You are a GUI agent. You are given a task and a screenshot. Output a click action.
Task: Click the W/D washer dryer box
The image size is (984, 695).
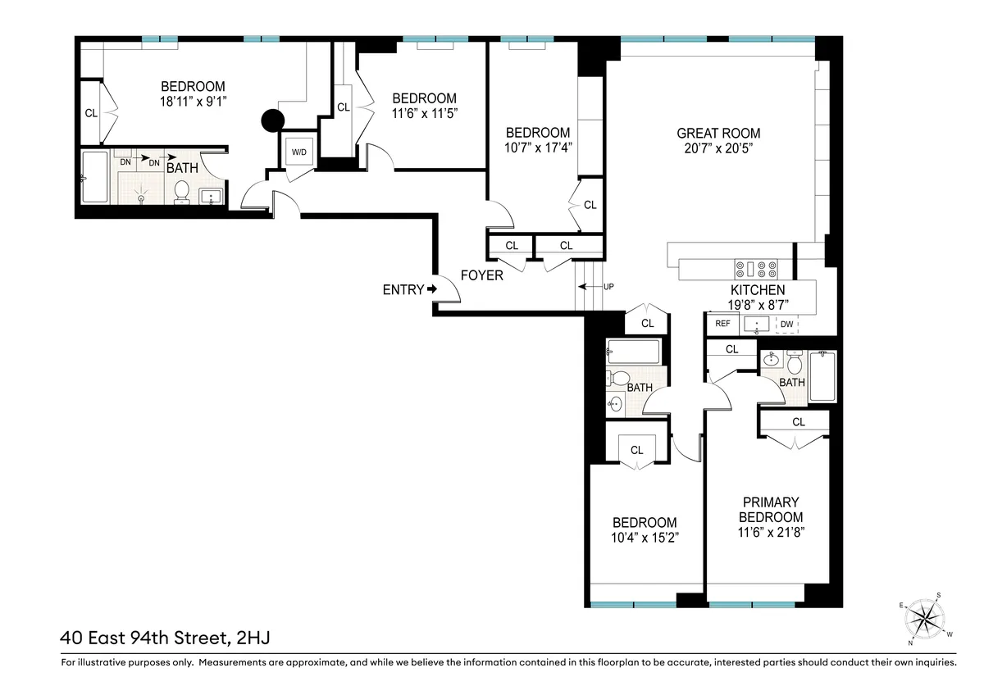pos(298,152)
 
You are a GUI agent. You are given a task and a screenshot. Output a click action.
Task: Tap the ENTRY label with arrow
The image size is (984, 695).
pos(409,289)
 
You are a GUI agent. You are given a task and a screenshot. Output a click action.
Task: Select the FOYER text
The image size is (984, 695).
pos(481,275)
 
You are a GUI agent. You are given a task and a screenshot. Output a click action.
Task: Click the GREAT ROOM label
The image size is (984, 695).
pos(718,134)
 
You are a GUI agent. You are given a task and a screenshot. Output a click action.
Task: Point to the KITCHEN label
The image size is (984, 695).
pos(758,290)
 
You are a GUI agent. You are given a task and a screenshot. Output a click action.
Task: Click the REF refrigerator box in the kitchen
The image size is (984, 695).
pos(722,324)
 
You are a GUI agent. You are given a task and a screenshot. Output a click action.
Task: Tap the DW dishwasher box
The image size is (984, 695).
pos(786,324)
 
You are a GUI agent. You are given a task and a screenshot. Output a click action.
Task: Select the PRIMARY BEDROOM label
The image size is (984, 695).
pos(771,510)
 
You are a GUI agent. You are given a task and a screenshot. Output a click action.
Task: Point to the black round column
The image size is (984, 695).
pos(272,120)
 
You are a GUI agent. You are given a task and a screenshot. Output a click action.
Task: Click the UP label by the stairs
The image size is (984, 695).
pos(608,287)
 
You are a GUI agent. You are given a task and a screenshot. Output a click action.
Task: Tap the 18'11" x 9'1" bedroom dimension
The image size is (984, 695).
pos(193,102)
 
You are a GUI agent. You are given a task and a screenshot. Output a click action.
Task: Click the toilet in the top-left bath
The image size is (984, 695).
pos(182,191)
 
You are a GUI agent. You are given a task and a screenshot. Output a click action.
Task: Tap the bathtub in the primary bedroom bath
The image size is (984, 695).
pos(822,376)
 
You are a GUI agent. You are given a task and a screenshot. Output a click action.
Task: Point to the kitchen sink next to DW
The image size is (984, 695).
pos(756,325)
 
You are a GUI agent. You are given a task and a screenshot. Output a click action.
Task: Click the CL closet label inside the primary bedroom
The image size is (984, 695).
pos(799,422)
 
